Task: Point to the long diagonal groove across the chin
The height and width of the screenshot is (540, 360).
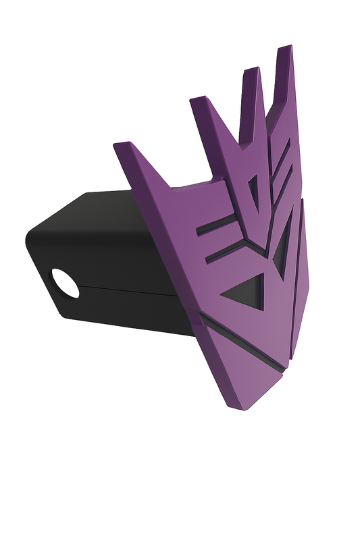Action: [x=243, y=344]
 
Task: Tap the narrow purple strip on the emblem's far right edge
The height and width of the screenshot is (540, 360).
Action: [x=298, y=283]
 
